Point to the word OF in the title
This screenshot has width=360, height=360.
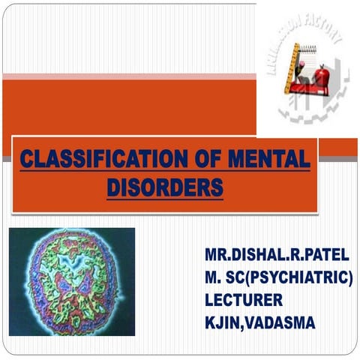[193, 159]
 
